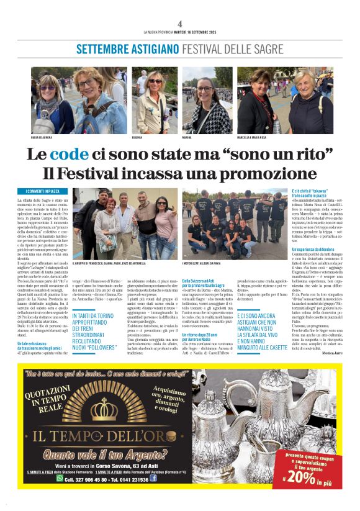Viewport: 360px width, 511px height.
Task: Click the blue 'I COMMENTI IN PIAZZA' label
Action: pos(43,191)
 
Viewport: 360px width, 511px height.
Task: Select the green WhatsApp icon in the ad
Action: pos(60,478)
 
